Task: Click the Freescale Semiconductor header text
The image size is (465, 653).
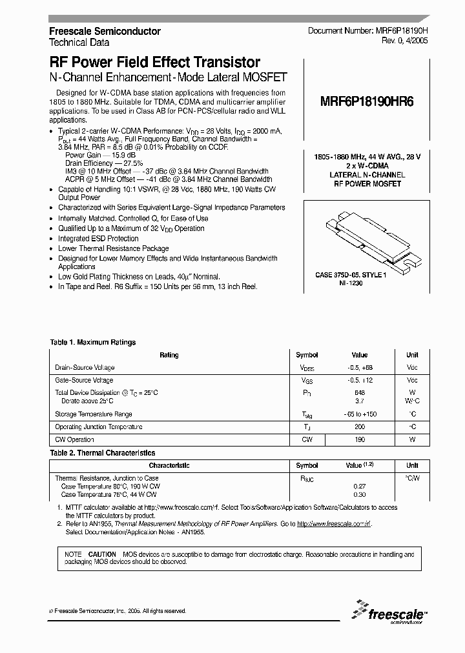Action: point(105,31)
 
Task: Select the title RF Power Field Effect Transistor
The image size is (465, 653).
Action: point(155,63)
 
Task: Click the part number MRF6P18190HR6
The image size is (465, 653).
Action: point(366,101)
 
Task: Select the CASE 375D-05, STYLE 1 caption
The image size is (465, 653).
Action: point(351,275)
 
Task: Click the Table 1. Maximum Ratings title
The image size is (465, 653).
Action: point(93,343)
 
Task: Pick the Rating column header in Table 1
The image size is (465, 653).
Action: point(169,355)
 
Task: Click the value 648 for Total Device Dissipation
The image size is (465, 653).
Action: point(360,392)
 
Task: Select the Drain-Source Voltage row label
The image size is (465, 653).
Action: point(85,368)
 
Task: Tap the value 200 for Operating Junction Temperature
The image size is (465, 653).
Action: point(360,427)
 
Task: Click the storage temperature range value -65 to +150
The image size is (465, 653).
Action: point(360,414)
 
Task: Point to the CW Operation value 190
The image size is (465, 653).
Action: point(360,439)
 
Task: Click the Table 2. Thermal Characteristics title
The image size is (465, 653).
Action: point(102,453)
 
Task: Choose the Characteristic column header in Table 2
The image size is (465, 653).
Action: point(169,465)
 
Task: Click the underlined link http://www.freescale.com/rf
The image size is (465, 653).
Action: point(334,525)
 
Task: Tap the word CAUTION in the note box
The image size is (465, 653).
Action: point(102,554)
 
